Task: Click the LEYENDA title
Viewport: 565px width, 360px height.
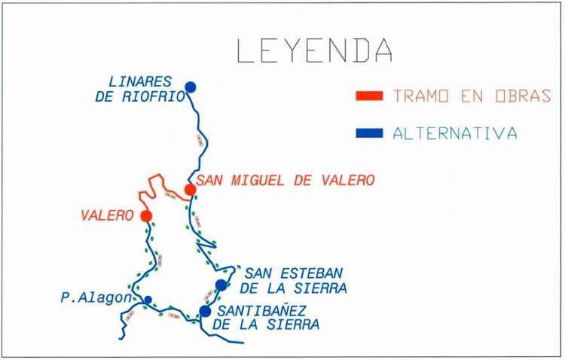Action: click(x=314, y=50)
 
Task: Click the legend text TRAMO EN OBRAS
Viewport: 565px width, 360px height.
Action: click(x=472, y=96)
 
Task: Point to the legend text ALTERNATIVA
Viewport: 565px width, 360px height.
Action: click(x=455, y=134)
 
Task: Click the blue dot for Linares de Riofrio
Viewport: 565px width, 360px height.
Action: click(x=191, y=87)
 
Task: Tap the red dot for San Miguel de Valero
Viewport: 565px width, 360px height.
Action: click(x=190, y=189)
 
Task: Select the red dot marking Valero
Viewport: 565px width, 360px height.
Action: click(x=146, y=215)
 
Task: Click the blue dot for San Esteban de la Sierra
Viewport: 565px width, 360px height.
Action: click(x=221, y=284)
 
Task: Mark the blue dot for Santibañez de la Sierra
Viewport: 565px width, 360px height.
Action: click(x=205, y=310)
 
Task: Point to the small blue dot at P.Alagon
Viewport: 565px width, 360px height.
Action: click(x=148, y=300)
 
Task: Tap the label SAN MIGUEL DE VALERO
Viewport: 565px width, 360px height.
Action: click(x=286, y=181)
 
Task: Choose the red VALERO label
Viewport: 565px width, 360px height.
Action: click(x=106, y=216)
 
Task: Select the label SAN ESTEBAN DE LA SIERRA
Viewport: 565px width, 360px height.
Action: click(x=295, y=280)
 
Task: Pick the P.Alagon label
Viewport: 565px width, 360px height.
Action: click(x=94, y=298)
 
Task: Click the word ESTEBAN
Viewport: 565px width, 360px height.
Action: click(x=310, y=273)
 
